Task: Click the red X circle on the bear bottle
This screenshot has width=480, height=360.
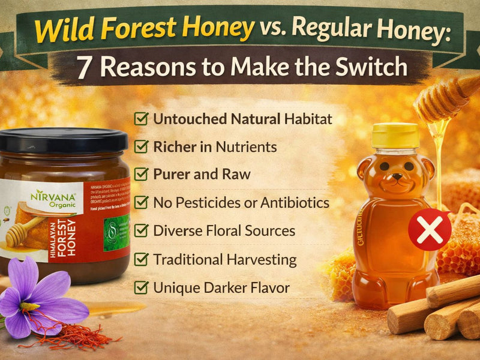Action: coord(430,229)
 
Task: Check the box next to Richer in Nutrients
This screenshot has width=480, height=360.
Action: coord(142,146)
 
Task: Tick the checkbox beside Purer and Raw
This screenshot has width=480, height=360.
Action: coord(142,175)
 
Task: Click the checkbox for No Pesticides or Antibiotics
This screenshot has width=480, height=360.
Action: coord(142,203)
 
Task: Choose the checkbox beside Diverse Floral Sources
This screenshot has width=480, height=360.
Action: coord(142,231)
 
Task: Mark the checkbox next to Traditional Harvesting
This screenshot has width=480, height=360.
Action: coord(142,260)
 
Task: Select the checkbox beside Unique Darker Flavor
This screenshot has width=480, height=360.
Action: coord(142,288)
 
